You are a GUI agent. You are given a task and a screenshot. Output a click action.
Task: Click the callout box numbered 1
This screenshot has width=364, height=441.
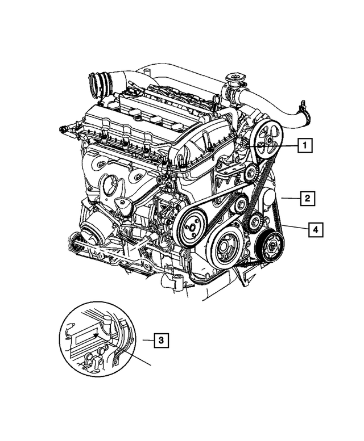(305, 146)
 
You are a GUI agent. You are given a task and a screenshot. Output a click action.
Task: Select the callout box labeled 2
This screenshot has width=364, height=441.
(307, 198)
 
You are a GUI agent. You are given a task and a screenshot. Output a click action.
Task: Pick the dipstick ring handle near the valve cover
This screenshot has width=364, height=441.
(217, 100)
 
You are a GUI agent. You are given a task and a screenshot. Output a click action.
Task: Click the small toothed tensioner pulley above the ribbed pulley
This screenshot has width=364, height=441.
(255, 221)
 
